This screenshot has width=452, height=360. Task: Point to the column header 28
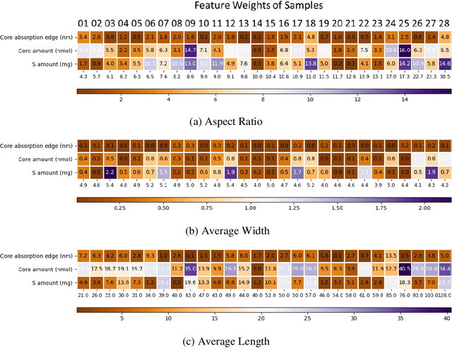tap(444, 23)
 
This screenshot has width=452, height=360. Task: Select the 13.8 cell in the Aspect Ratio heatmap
tap(310, 64)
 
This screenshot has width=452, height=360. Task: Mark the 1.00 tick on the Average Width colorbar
tap(251, 209)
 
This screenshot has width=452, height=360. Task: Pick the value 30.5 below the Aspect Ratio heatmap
tap(444, 76)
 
